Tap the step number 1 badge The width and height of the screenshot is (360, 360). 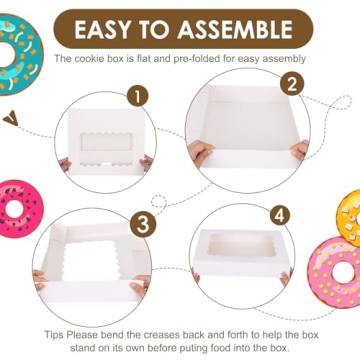pos(133,98)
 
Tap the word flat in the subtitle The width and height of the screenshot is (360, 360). pos(158,59)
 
